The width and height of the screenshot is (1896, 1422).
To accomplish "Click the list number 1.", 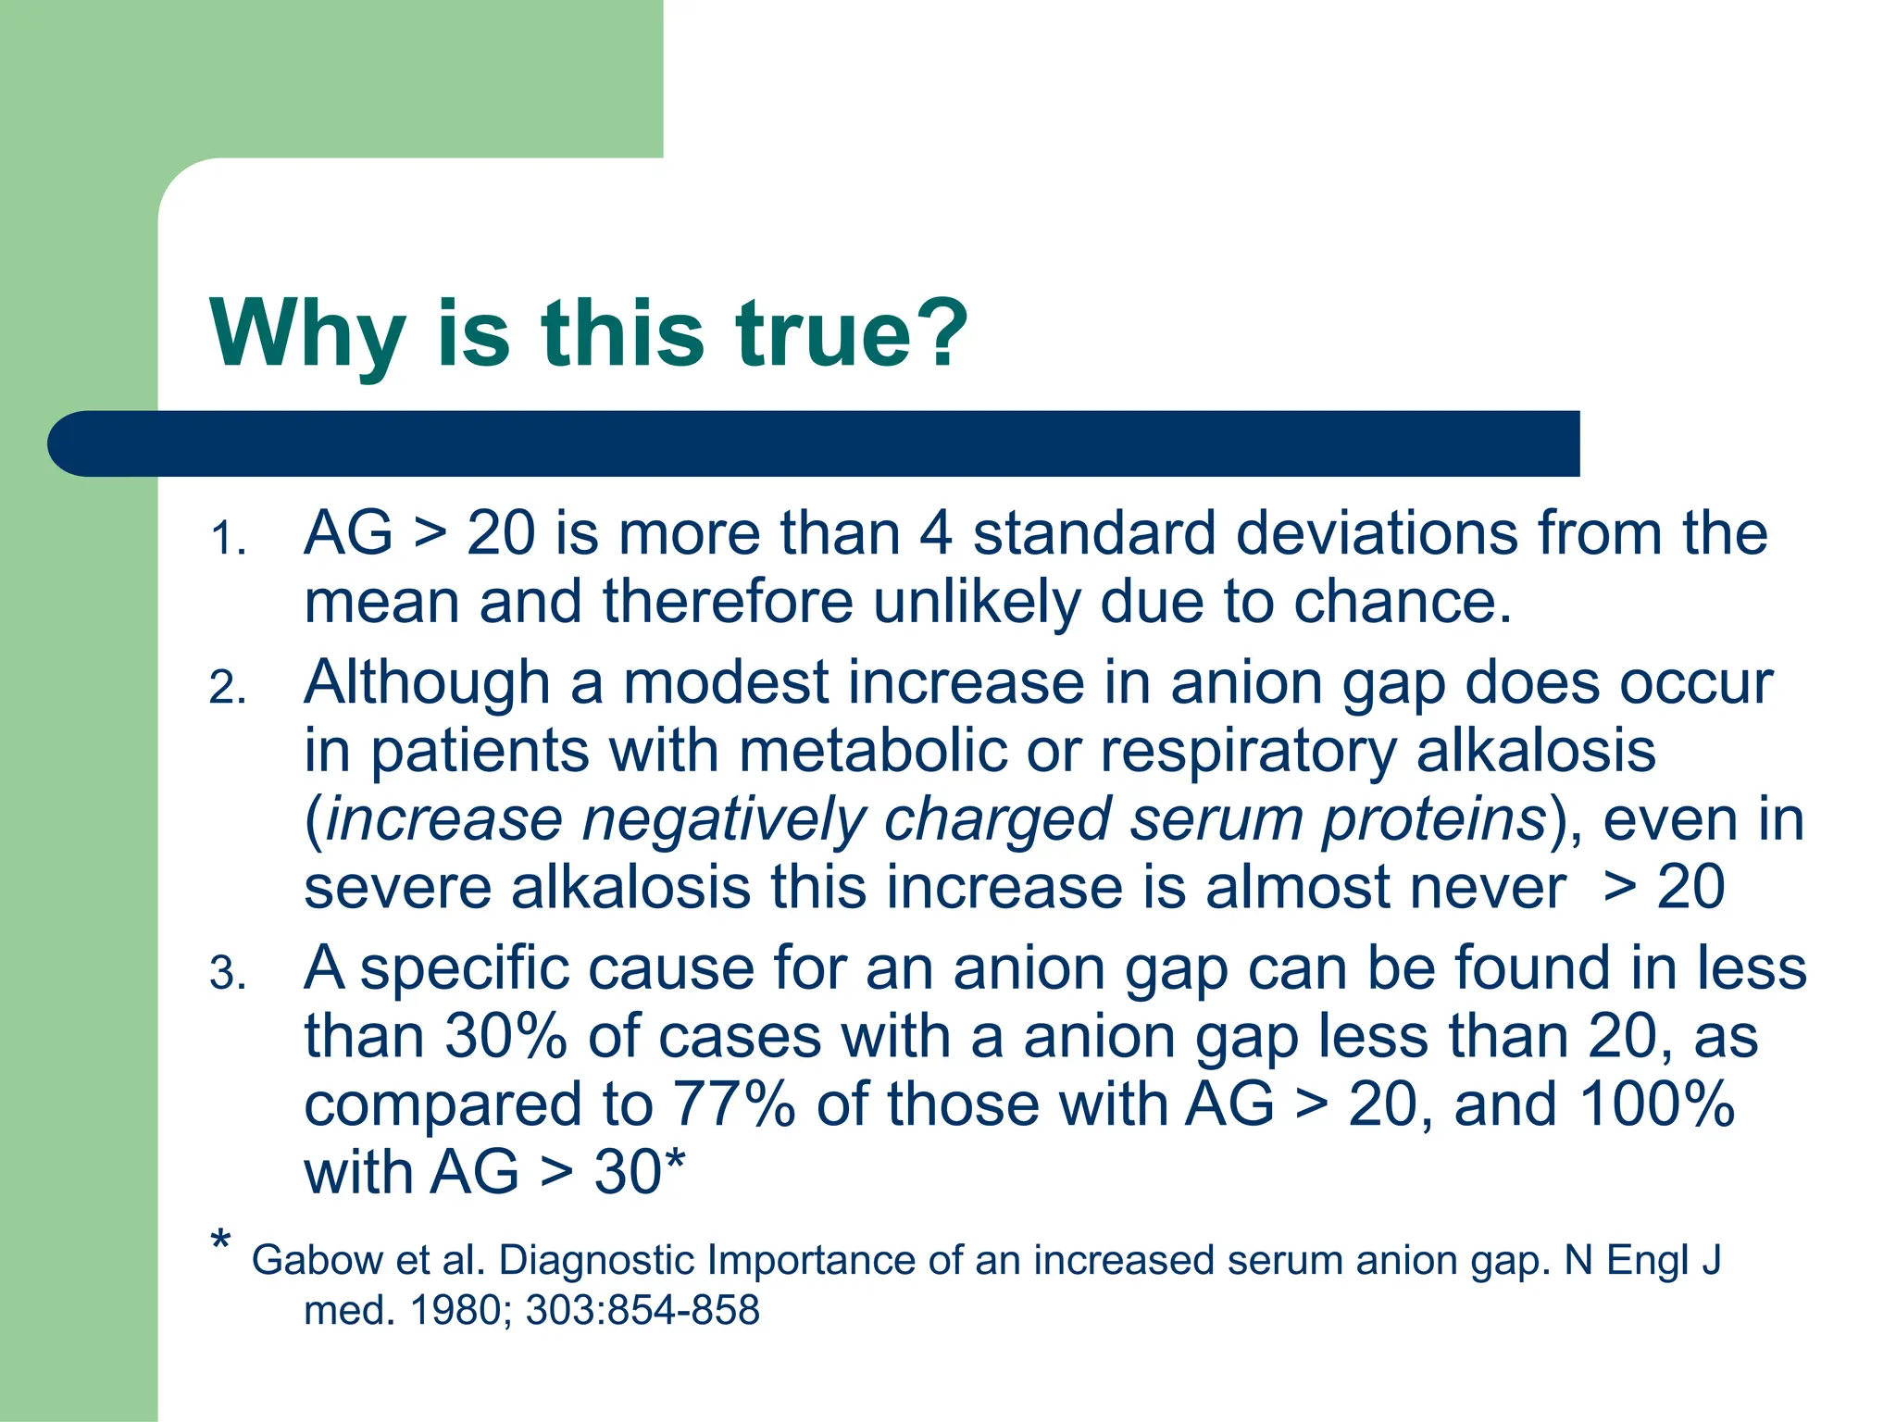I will (x=227, y=539).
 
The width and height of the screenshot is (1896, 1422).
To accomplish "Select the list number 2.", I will (x=228, y=688).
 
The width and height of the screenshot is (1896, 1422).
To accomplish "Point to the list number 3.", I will (x=228, y=974).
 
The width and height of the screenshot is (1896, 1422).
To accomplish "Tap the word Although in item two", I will (x=427, y=683).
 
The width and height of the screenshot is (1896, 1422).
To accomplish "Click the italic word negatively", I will (x=723, y=820).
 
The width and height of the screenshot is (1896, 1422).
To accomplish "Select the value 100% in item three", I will (x=1656, y=1104).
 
